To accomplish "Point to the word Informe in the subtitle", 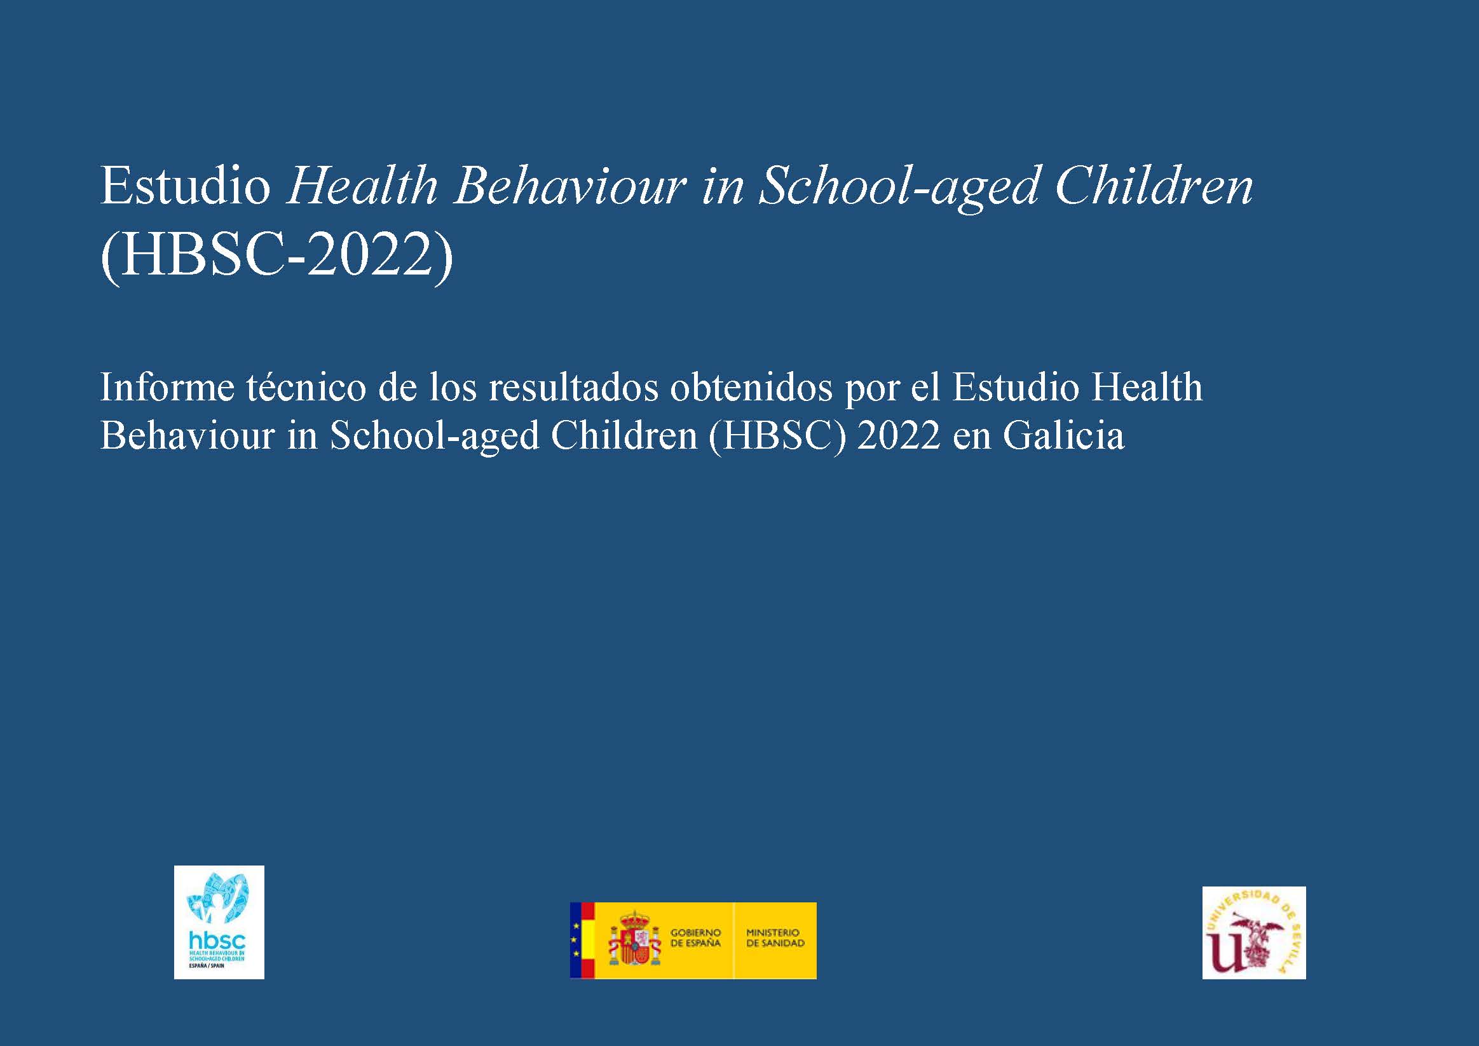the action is (x=167, y=388).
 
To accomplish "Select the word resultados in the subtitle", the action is (x=573, y=388).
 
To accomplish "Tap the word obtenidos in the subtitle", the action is (x=751, y=388).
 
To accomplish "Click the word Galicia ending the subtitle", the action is (x=1063, y=435).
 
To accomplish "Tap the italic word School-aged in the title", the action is (x=899, y=188).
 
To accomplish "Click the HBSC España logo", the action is (x=219, y=922).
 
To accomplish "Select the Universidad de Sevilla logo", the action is (x=1254, y=933).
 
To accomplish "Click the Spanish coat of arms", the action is (x=635, y=941).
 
